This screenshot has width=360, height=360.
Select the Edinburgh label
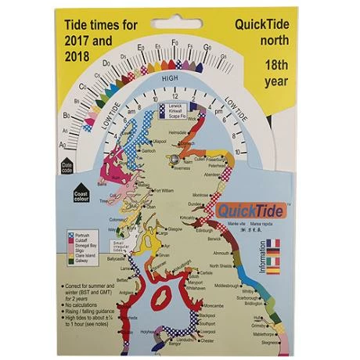coord(204,231)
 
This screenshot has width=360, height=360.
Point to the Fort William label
coord(164,190)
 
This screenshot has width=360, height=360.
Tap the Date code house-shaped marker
coord(66,166)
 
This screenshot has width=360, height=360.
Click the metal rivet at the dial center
coord(174,158)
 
